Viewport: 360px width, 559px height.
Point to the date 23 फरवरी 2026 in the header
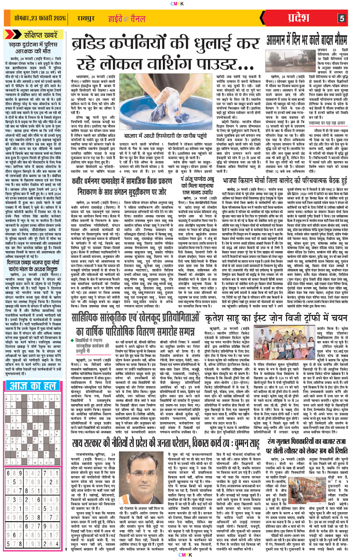pyautogui.click(x=37, y=18)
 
